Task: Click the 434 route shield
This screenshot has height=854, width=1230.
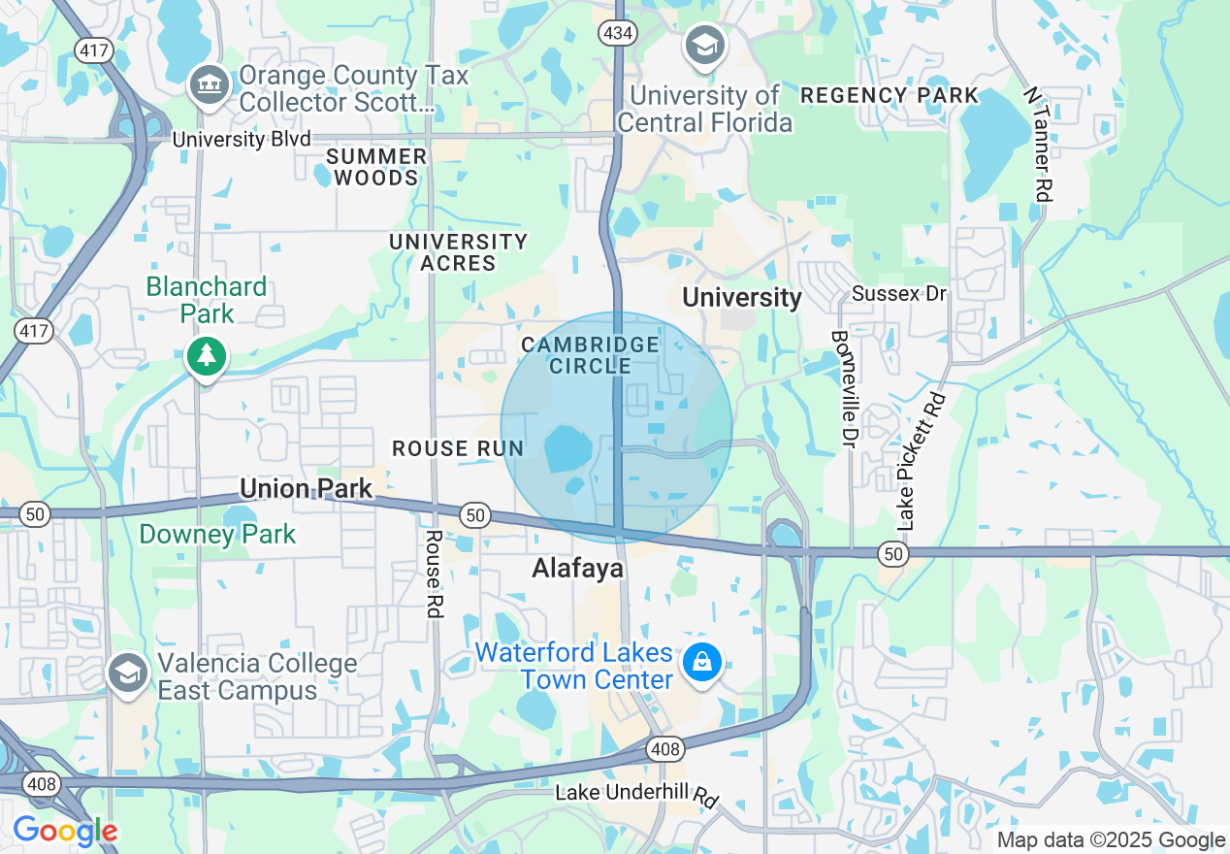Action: pyautogui.click(x=617, y=33)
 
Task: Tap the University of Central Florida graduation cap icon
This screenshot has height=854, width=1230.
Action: pyautogui.click(x=705, y=45)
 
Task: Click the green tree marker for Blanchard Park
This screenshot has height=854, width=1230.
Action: pyautogui.click(x=206, y=356)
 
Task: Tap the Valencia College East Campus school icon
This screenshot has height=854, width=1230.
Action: pyautogui.click(x=128, y=672)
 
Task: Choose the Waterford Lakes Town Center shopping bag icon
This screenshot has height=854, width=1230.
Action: pyautogui.click(x=700, y=664)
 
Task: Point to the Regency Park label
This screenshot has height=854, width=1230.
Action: pyautogui.click(x=889, y=95)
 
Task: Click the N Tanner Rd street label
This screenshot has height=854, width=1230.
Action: pyautogui.click(x=1037, y=144)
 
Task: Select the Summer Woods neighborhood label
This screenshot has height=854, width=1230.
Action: pyautogui.click(x=375, y=167)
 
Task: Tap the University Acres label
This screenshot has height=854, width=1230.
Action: pyautogui.click(x=458, y=252)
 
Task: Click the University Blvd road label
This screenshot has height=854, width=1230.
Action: pyautogui.click(x=242, y=140)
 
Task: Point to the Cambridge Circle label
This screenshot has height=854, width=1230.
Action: pyautogui.click(x=590, y=355)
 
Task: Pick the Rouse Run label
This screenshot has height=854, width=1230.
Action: pyautogui.click(x=458, y=448)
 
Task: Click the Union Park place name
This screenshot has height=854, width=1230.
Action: pyautogui.click(x=306, y=488)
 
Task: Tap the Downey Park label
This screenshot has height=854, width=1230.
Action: pyautogui.click(x=217, y=534)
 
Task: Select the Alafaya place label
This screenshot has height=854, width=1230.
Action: pyautogui.click(x=577, y=569)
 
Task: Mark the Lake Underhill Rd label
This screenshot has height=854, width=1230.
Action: pyautogui.click(x=636, y=795)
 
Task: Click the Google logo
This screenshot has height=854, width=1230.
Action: pyautogui.click(x=65, y=831)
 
